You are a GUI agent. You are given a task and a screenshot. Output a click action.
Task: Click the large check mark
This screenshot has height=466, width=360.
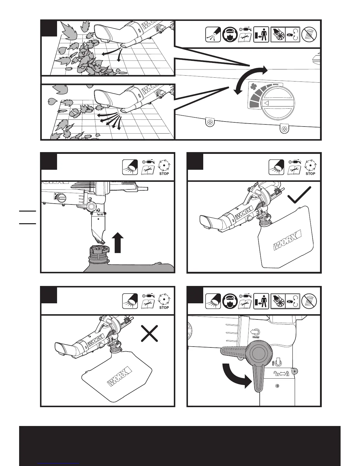[299, 195]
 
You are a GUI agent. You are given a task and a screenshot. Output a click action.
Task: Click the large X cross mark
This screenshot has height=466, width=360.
[149, 333]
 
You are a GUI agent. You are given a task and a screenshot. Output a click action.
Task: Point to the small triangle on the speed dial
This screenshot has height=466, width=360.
[266, 103]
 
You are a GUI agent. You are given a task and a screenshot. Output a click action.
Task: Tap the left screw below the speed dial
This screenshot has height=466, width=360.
[210, 122]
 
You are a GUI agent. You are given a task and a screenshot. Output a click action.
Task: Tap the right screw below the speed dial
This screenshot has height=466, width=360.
[284, 129]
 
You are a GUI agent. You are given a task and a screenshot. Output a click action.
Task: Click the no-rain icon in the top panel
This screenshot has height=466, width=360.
[309, 34]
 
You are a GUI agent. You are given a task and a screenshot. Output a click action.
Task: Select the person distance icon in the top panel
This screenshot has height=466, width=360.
[261, 35]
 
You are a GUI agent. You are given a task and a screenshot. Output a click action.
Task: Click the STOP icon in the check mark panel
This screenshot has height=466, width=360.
[310, 168]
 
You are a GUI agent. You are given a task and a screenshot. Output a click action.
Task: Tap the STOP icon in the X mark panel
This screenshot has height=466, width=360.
[164, 302]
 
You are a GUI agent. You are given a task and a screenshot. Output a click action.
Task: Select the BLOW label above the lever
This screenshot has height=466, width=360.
[255, 334]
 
